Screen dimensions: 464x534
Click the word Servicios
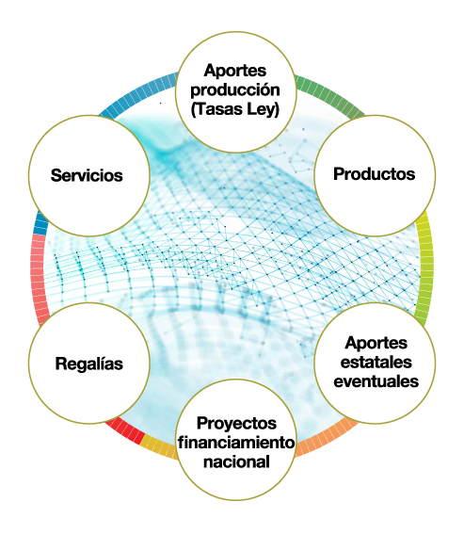[x=87, y=175]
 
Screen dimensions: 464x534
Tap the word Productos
[x=375, y=173]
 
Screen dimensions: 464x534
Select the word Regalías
[x=88, y=364]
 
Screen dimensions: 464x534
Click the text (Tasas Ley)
[x=235, y=109]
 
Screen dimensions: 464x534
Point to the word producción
[x=235, y=90]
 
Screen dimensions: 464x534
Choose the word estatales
[x=376, y=362]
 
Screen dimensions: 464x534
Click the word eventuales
[x=376, y=381]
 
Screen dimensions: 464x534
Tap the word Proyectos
[x=236, y=424]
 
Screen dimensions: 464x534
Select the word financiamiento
[x=236, y=443]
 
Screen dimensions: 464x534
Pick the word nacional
[x=236, y=461]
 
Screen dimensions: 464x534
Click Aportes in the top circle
[x=235, y=72]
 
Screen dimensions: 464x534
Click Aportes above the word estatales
[x=376, y=343]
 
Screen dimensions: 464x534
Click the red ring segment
[x=125, y=430]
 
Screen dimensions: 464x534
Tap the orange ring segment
[x=325, y=439]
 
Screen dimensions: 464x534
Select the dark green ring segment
[x=329, y=94]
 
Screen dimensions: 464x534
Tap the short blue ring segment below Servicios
[x=40, y=222]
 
